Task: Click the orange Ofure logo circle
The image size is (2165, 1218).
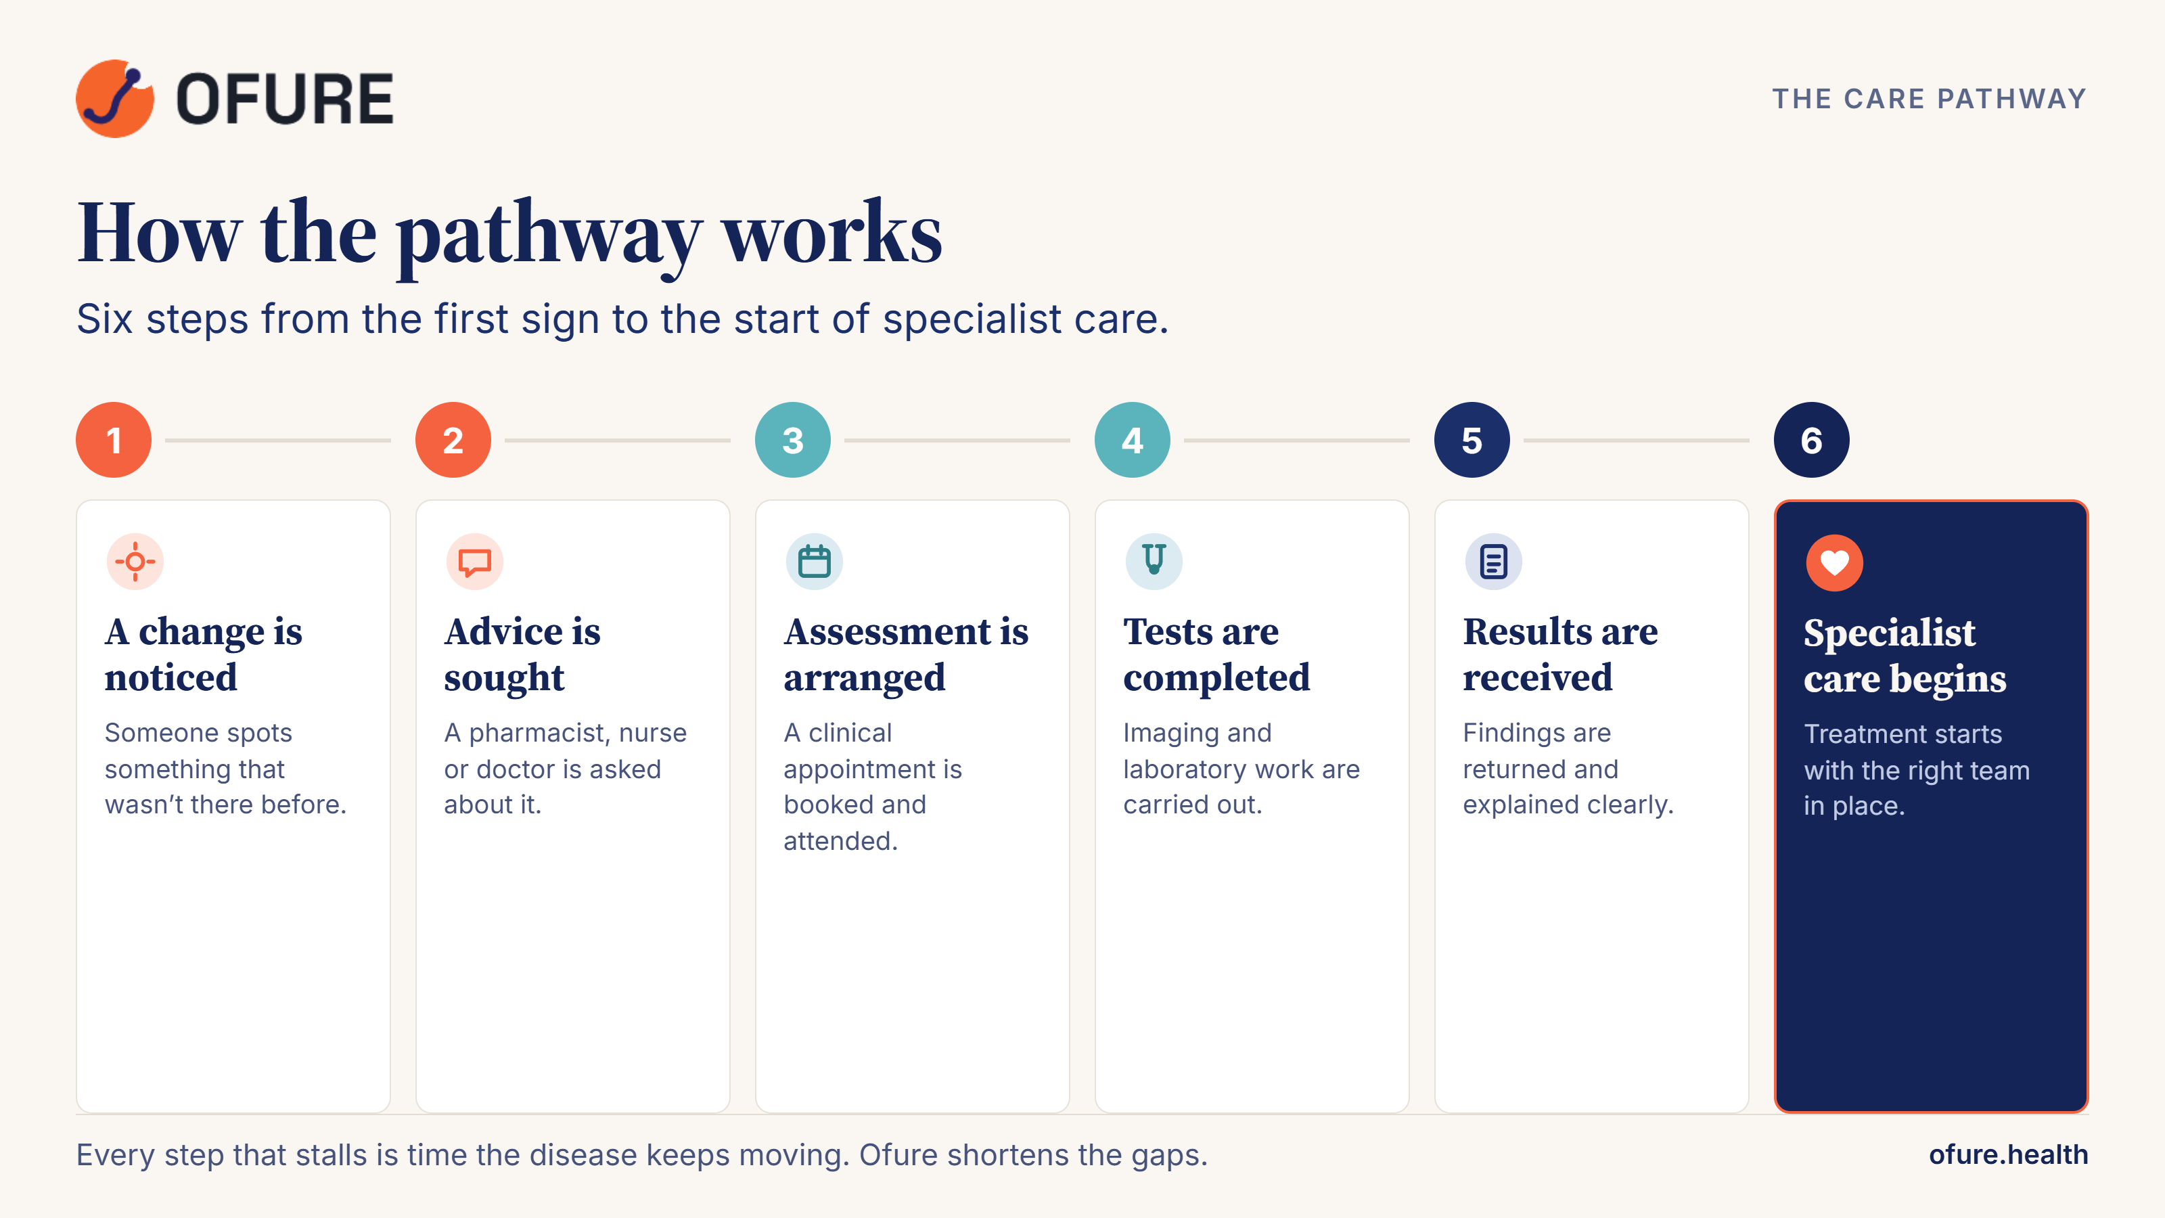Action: (115, 98)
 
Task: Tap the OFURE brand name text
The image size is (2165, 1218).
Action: (285, 99)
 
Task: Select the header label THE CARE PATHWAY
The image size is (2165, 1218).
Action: (1929, 99)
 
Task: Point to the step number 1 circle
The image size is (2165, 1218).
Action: (114, 440)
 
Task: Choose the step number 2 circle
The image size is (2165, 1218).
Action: (453, 440)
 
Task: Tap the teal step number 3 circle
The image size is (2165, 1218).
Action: (792, 440)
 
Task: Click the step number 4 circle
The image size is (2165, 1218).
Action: (1132, 440)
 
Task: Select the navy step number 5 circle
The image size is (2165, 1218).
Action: (1472, 440)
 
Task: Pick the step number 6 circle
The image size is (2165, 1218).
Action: (1811, 440)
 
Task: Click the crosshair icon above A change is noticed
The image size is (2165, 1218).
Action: (135, 562)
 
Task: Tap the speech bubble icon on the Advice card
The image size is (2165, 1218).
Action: (475, 562)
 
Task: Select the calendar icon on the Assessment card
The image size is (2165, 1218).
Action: (815, 562)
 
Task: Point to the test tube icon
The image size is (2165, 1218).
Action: (1154, 562)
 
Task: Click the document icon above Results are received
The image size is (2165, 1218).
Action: (1493, 562)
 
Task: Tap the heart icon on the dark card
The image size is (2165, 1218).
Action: (1835, 562)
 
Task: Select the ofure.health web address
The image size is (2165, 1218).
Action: (2008, 1155)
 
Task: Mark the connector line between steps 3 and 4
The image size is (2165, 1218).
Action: (957, 440)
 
